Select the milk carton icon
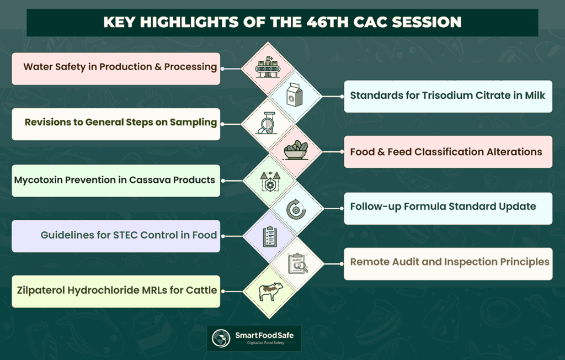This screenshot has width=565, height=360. [295, 95]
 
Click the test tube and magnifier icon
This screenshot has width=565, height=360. [267, 123]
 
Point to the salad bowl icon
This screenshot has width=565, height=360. [296, 150]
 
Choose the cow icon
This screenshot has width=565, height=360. [270, 291]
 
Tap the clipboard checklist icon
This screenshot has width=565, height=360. [270, 236]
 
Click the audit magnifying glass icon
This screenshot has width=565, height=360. [297, 264]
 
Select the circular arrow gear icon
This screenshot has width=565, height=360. [296, 209]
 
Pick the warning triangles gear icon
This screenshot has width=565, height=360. [270, 181]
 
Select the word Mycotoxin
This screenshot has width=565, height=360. [38, 180]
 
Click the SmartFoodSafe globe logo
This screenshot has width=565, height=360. [221, 338]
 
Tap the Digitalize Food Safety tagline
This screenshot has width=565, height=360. [265, 343]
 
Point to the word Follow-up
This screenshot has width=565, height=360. [375, 207]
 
